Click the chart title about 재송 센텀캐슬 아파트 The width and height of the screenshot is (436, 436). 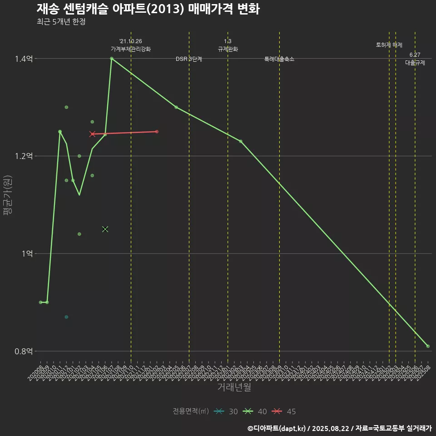(148, 9)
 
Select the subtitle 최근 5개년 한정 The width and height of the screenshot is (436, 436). (61, 22)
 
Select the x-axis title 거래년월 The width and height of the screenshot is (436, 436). (234, 387)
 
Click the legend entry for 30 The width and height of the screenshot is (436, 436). (226, 411)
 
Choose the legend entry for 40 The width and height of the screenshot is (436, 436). (255, 411)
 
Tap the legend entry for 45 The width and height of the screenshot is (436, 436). (284, 411)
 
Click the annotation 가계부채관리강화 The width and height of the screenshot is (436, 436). (131, 49)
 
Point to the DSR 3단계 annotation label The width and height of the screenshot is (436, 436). (189, 59)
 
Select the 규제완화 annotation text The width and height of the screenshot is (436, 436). (228, 49)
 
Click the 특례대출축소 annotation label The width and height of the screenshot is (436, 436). (279, 59)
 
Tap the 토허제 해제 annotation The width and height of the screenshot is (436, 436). (389, 45)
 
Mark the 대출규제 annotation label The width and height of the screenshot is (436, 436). (415, 63)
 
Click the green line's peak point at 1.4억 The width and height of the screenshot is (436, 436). (111, 58)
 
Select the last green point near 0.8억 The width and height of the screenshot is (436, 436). (428, 346)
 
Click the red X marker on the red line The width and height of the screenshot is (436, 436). (92, 134)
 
